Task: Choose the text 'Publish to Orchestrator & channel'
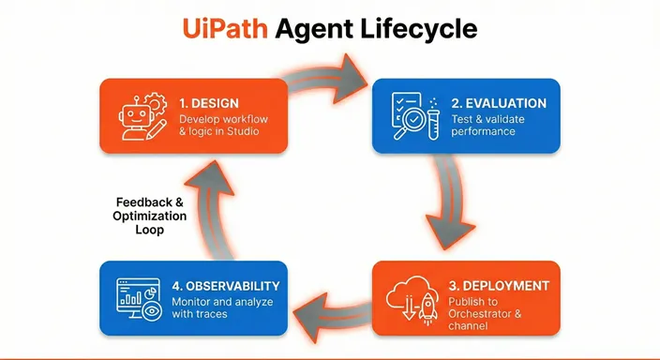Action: click(x=488, y=309)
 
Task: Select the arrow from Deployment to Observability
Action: click(x=333, y=309)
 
